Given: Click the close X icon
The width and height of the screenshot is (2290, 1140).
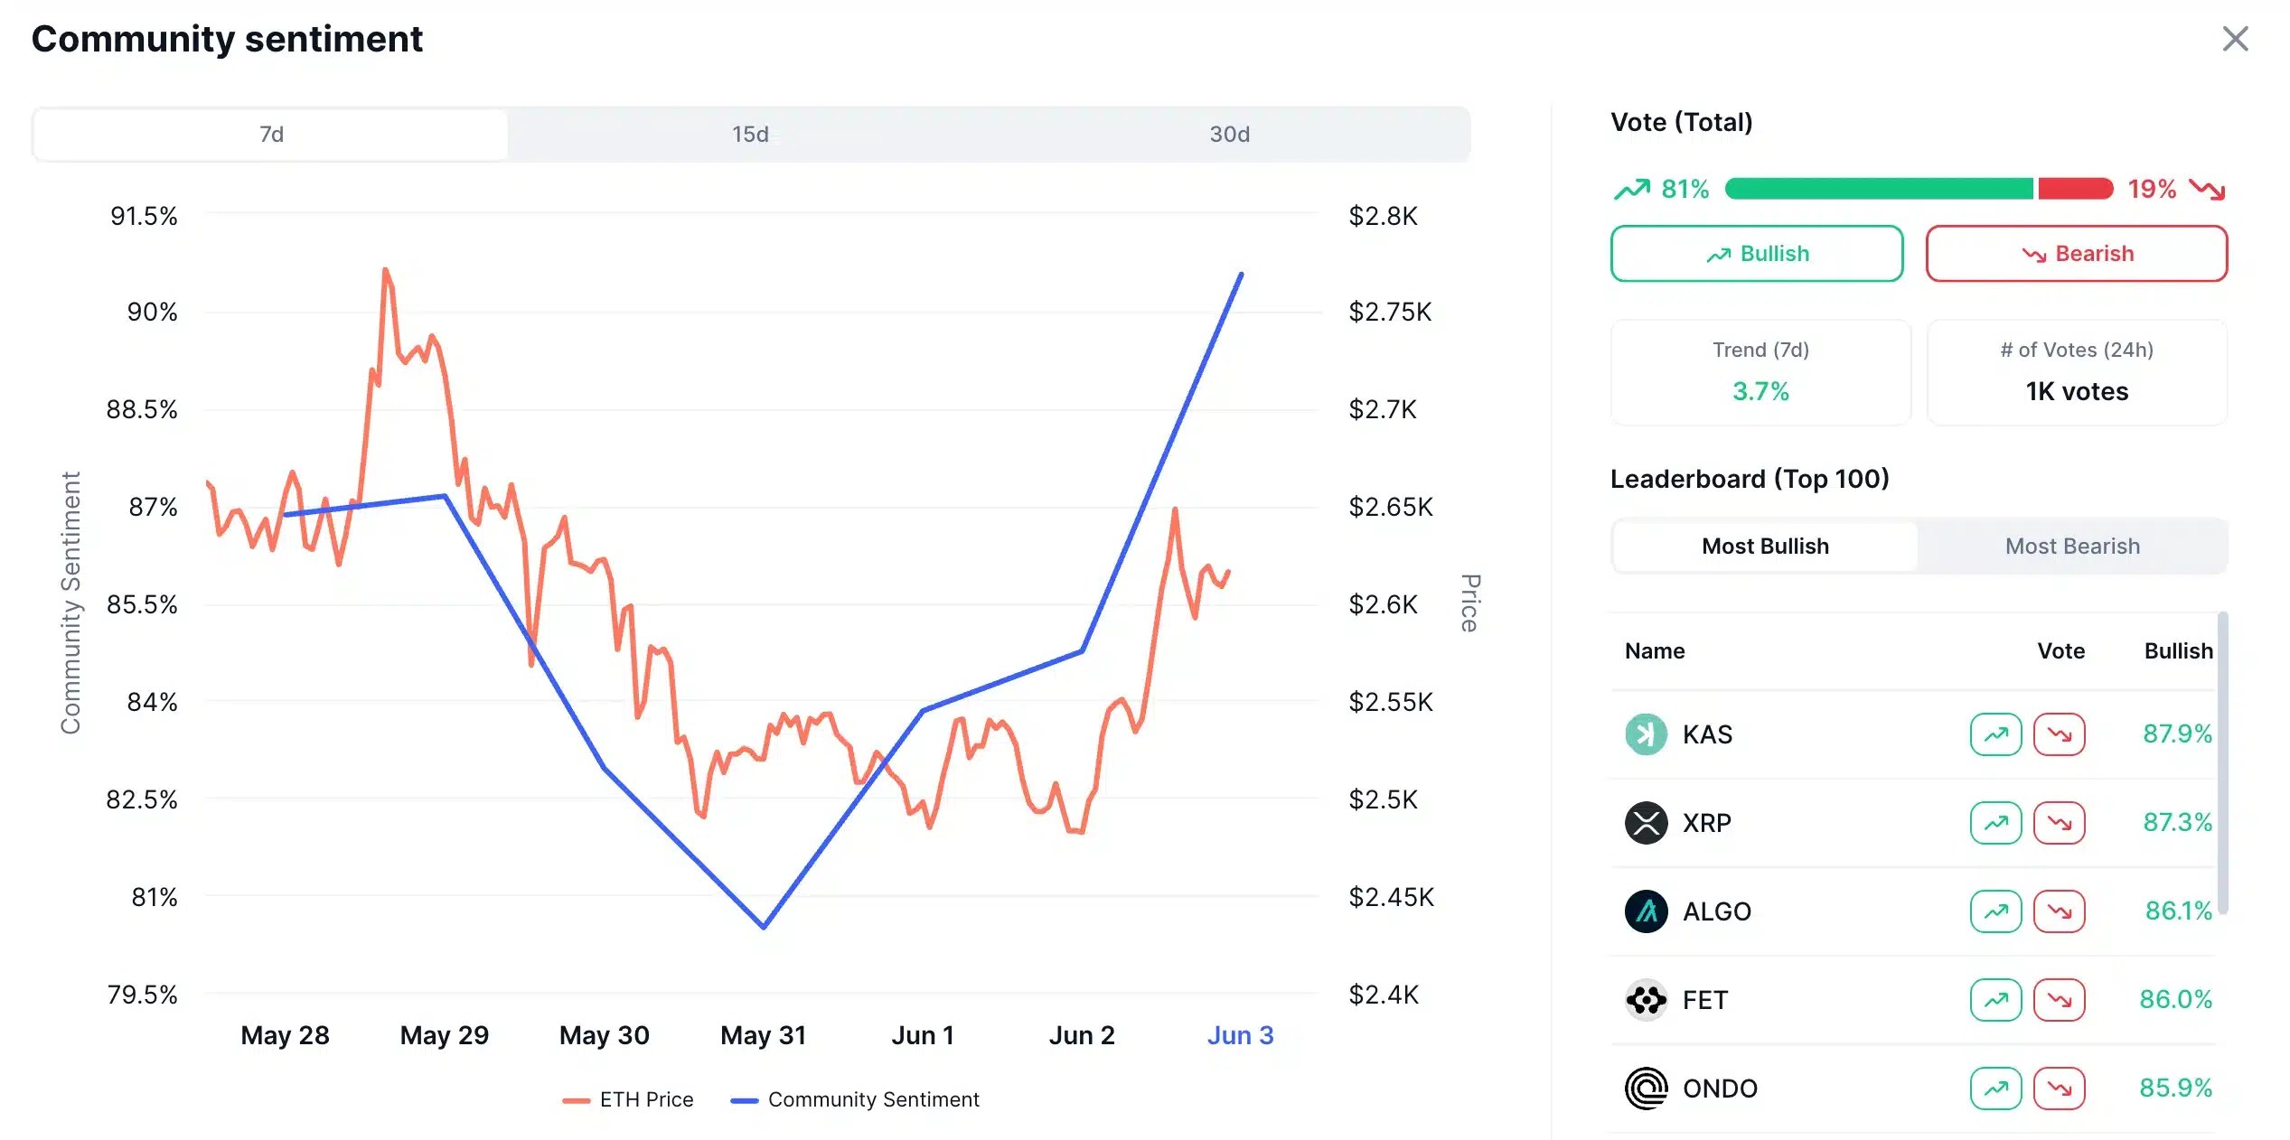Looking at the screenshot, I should pyautogui.click(x=2234, y=39).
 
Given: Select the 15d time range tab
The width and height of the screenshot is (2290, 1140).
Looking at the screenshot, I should pyautogui.click(x=750, y=135).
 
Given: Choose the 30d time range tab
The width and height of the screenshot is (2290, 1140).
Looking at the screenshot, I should pyautogui.click(x=1229, y=135).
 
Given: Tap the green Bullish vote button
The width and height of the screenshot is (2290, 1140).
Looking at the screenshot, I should pyautogui.click(x=1756, y=254).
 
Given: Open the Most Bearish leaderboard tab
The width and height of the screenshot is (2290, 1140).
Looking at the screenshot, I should pyautogui.click(x=2071, y=547).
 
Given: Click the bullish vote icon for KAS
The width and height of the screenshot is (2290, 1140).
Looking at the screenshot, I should pyautogui.click(x=1994, y=734).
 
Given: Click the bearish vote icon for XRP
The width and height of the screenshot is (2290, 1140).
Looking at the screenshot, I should pyautogui.click(x=2059, y=823).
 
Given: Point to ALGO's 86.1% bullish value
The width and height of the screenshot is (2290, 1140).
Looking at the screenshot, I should pyautogui.click(x=2178, y=911).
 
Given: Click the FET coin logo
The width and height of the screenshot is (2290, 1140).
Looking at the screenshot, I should pyautogui.click(x=1646, y=1000).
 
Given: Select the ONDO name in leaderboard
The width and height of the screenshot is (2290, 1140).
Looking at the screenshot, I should pyautogui.click(x=1719, y=1089).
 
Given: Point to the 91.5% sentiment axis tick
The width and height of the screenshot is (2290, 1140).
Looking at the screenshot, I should pyautogui.click(x=144, y=216).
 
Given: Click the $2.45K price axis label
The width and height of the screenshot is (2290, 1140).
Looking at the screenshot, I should pyautogui.click(x=1391, y=897).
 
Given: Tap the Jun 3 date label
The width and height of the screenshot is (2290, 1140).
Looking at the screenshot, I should pyautogui.click(x=1240, y=1035).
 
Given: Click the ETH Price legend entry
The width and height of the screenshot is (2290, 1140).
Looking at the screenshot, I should pyautogui.click(x=628, y=1099).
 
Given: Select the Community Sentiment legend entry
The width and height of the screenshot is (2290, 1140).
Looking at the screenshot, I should pyautogui.click(x=855, y=1099).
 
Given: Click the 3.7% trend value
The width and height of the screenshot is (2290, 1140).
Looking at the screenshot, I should pyautogui.click(x=1760, y=391).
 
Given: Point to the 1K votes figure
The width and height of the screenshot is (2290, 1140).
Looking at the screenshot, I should pyautogui.click(x=2076, y=391).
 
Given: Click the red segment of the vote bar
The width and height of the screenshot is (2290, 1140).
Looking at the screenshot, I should pyautogui.click(x=2075, y=189).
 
